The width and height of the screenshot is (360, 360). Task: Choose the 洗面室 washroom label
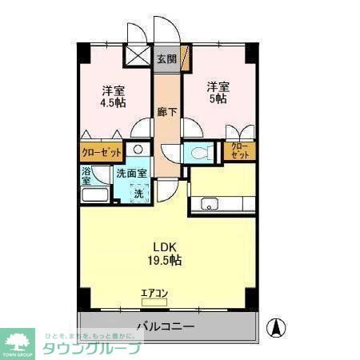pyautogui.click(x=131, y=173)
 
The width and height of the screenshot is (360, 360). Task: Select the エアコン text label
pyautogui.click(x=154, y=294)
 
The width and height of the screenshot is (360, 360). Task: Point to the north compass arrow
pyautogui.click(x=274, y=327)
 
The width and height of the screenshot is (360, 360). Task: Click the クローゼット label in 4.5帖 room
pyautogui.click(x=102, y=151)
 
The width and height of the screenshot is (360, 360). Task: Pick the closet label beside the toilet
pyautogui.click(x=239, y=150)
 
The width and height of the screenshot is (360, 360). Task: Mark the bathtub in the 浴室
pyautogui.click(x=95, y=196)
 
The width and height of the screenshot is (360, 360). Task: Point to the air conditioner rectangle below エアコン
pyautogui.click(x=154, y=303)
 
